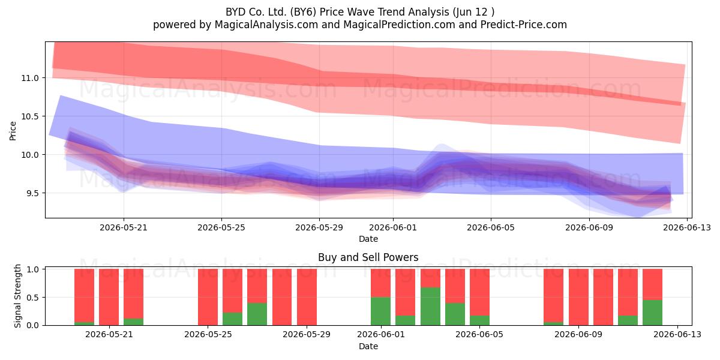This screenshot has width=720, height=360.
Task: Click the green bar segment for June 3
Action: pos(430,307)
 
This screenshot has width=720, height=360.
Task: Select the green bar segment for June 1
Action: pos(380,311)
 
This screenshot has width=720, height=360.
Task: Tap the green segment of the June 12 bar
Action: pos(653,313)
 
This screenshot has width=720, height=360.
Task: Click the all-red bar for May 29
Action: pos(307,297)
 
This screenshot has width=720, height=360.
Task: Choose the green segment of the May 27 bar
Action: pos(257,314)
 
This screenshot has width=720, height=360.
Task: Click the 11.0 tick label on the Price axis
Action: pos(30,78)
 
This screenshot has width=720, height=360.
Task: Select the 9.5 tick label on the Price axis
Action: pos(30,193)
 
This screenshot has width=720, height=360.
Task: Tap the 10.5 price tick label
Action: pos(30,116)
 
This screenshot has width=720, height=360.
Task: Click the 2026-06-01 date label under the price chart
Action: pos(393,227)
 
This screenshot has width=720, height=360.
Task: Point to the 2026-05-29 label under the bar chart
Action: pos(307,335)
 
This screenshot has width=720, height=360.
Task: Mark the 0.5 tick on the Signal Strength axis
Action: pos(32,298)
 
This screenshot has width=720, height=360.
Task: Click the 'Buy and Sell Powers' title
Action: pos(368,257)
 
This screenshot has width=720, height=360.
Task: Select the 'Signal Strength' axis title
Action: pos(17,296)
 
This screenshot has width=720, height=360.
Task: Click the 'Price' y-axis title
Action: pos(13,131)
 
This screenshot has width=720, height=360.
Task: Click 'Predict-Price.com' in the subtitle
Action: pos(524,25)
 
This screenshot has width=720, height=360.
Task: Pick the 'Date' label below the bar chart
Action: pos(368,346)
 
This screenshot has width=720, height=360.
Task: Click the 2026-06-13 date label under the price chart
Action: pos(687,227)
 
